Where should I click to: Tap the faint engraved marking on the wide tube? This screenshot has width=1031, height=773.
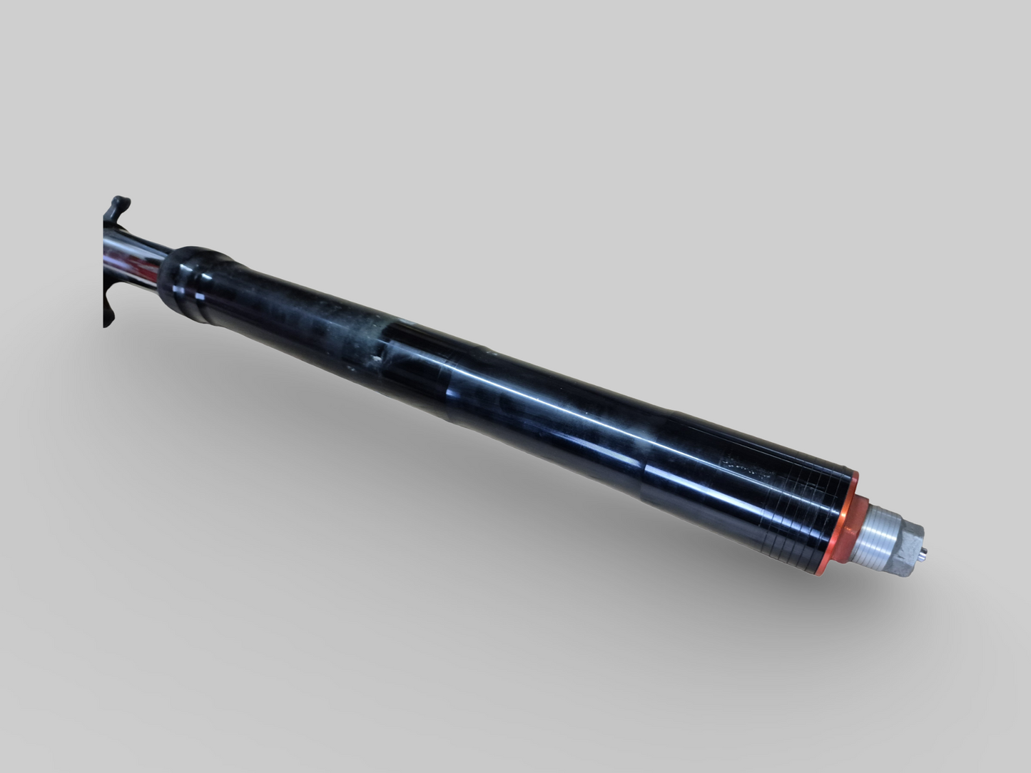746,467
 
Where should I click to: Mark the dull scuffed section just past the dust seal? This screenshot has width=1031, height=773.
300,314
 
